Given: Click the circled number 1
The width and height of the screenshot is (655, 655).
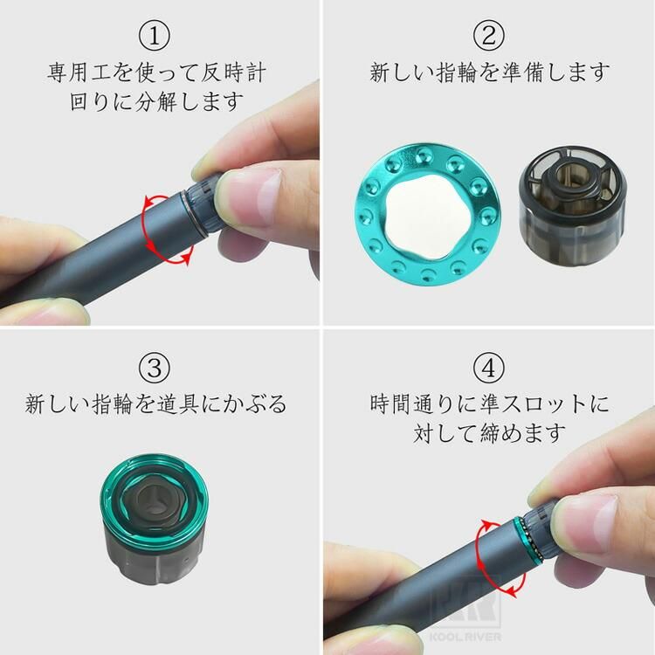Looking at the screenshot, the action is pos(154,36).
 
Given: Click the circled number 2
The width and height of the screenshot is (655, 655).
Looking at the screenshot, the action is pos(489,35).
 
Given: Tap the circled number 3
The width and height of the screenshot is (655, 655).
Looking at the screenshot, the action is pos(154,368).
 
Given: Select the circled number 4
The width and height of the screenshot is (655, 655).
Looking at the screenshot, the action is pos(489,368).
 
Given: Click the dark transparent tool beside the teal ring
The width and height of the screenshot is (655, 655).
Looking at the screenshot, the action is pos(572,204).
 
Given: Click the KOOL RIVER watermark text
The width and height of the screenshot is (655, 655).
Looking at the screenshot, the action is pos(465,637).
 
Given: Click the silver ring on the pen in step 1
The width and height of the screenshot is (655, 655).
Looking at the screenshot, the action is pos(195,213).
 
